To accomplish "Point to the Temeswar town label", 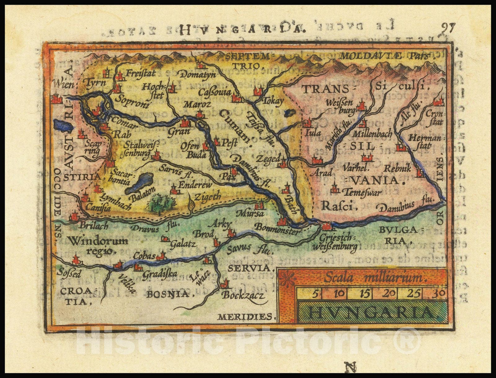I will [x=364, y=192].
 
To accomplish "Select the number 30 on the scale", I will [x=439, y=293].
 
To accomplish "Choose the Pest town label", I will [x=230, y=143].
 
